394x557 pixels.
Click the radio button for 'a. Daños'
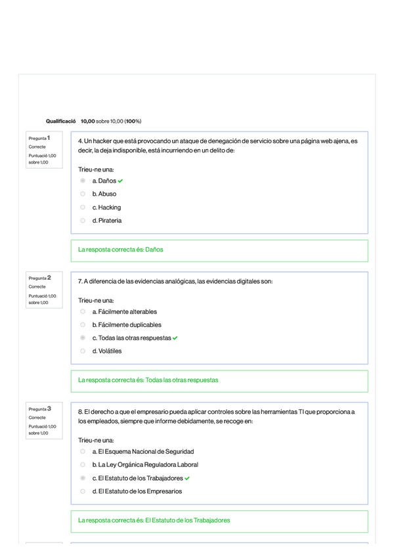point(83,181)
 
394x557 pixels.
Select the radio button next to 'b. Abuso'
point(83,194)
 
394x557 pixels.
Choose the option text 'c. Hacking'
point(106,208)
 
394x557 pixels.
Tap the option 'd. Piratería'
point(107,221)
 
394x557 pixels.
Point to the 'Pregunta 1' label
point(44,138)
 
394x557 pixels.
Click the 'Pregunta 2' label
point(44,278)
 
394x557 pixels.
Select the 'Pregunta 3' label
point(44,409)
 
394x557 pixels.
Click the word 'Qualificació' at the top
point(61,122)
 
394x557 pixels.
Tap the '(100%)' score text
point(133,122)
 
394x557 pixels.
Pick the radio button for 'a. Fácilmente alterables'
point(83,311)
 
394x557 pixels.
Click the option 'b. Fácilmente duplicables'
point(127,324)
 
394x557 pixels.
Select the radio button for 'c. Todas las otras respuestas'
point(83,338)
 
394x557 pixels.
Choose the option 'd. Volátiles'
point(107,351)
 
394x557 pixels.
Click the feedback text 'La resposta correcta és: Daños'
point(120,250)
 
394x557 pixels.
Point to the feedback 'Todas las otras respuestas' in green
point(181,380)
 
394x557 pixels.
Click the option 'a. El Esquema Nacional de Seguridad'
point(143,451)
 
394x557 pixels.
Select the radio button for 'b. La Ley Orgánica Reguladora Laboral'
point(83,464)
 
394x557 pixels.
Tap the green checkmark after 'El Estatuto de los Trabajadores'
point(187,478)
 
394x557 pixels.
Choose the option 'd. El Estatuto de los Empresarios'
point(137,491)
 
